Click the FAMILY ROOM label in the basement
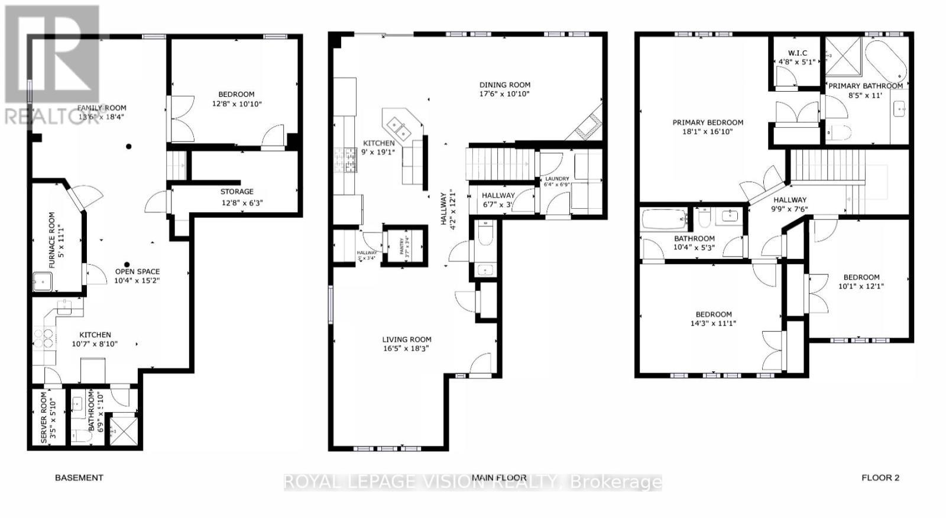[102, 108]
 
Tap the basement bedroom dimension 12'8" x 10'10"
[237, 104]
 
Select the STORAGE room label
[237, 192]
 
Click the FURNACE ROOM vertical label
[52, 239]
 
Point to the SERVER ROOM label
[44, 417]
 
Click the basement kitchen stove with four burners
[44, 338]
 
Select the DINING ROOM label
[504, 85]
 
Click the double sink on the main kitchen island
[400, 127]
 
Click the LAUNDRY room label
[557, 179]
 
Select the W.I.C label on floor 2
[797, 53]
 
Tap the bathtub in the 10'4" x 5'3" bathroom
[664, 219]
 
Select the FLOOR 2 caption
[880, 478]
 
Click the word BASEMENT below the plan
[79, 478]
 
